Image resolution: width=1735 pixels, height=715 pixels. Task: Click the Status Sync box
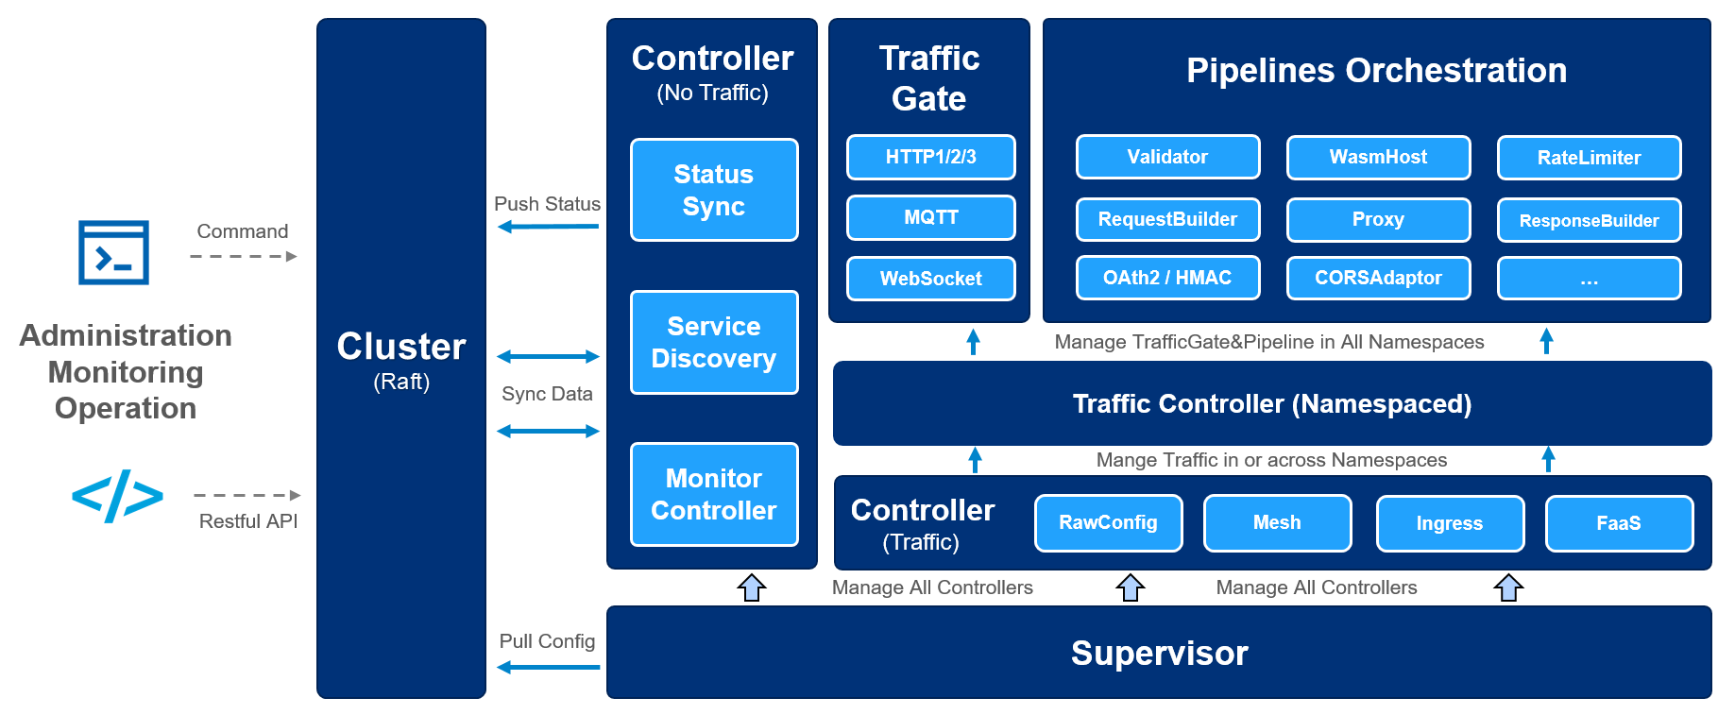click(713, 190)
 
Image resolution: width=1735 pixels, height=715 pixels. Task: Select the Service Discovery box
click(713, 342)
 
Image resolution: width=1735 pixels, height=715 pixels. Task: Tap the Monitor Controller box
click(713, 494)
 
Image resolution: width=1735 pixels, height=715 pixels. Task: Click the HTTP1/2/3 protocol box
click(930, 157)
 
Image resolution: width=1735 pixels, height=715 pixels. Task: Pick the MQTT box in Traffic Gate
click(930, 217)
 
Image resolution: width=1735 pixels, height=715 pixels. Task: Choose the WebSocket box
click(930, 279)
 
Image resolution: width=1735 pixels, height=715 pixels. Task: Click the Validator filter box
click(1167, 157)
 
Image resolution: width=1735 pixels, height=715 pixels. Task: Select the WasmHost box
click(1378, 157)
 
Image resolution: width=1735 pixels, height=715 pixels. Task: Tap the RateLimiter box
click(1589, 158)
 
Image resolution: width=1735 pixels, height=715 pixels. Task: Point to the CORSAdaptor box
click(1378, 278)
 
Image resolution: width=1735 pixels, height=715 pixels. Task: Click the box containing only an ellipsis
click(1589, 279)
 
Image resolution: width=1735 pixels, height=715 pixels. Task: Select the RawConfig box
click(1108, 522)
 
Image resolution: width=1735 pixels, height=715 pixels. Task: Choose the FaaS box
click(1619, 523)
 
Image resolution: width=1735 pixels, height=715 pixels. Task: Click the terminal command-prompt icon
click(113, 252)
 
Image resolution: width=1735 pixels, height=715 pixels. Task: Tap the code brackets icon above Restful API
click(117, 495)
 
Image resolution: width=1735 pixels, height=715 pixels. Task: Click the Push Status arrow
click(548, 227)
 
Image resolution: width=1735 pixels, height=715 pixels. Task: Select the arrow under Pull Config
click(548, 667)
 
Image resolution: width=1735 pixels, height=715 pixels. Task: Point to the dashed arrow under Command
click(243, 256)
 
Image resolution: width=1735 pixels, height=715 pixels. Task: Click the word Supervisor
click(1159, 653)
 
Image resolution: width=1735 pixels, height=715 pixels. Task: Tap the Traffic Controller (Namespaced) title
click(1271, 404)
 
